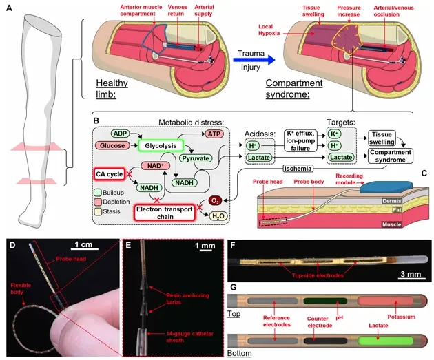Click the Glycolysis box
[x=161, y=146]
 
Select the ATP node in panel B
[x=214, y=134]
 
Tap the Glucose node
[x=112, y=145]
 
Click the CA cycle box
[x=110, y=174]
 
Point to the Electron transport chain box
[x=165, y=213]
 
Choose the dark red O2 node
[x=215, y=201]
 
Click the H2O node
[x=218, y=216]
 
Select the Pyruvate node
[x=196, y=158]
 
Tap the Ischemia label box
[x=298, y=169]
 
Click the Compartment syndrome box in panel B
[x=391, y=156]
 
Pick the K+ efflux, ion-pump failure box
[x=300, y=140]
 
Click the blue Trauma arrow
[x=254, y=60]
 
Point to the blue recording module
[x=386, y=187]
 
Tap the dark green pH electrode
[x=325, y=301]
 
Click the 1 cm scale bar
[x=85, y=249]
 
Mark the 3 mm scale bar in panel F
[x=411, y=279]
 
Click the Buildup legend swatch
[x=97, y=193]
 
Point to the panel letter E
[x=128, y=245]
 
